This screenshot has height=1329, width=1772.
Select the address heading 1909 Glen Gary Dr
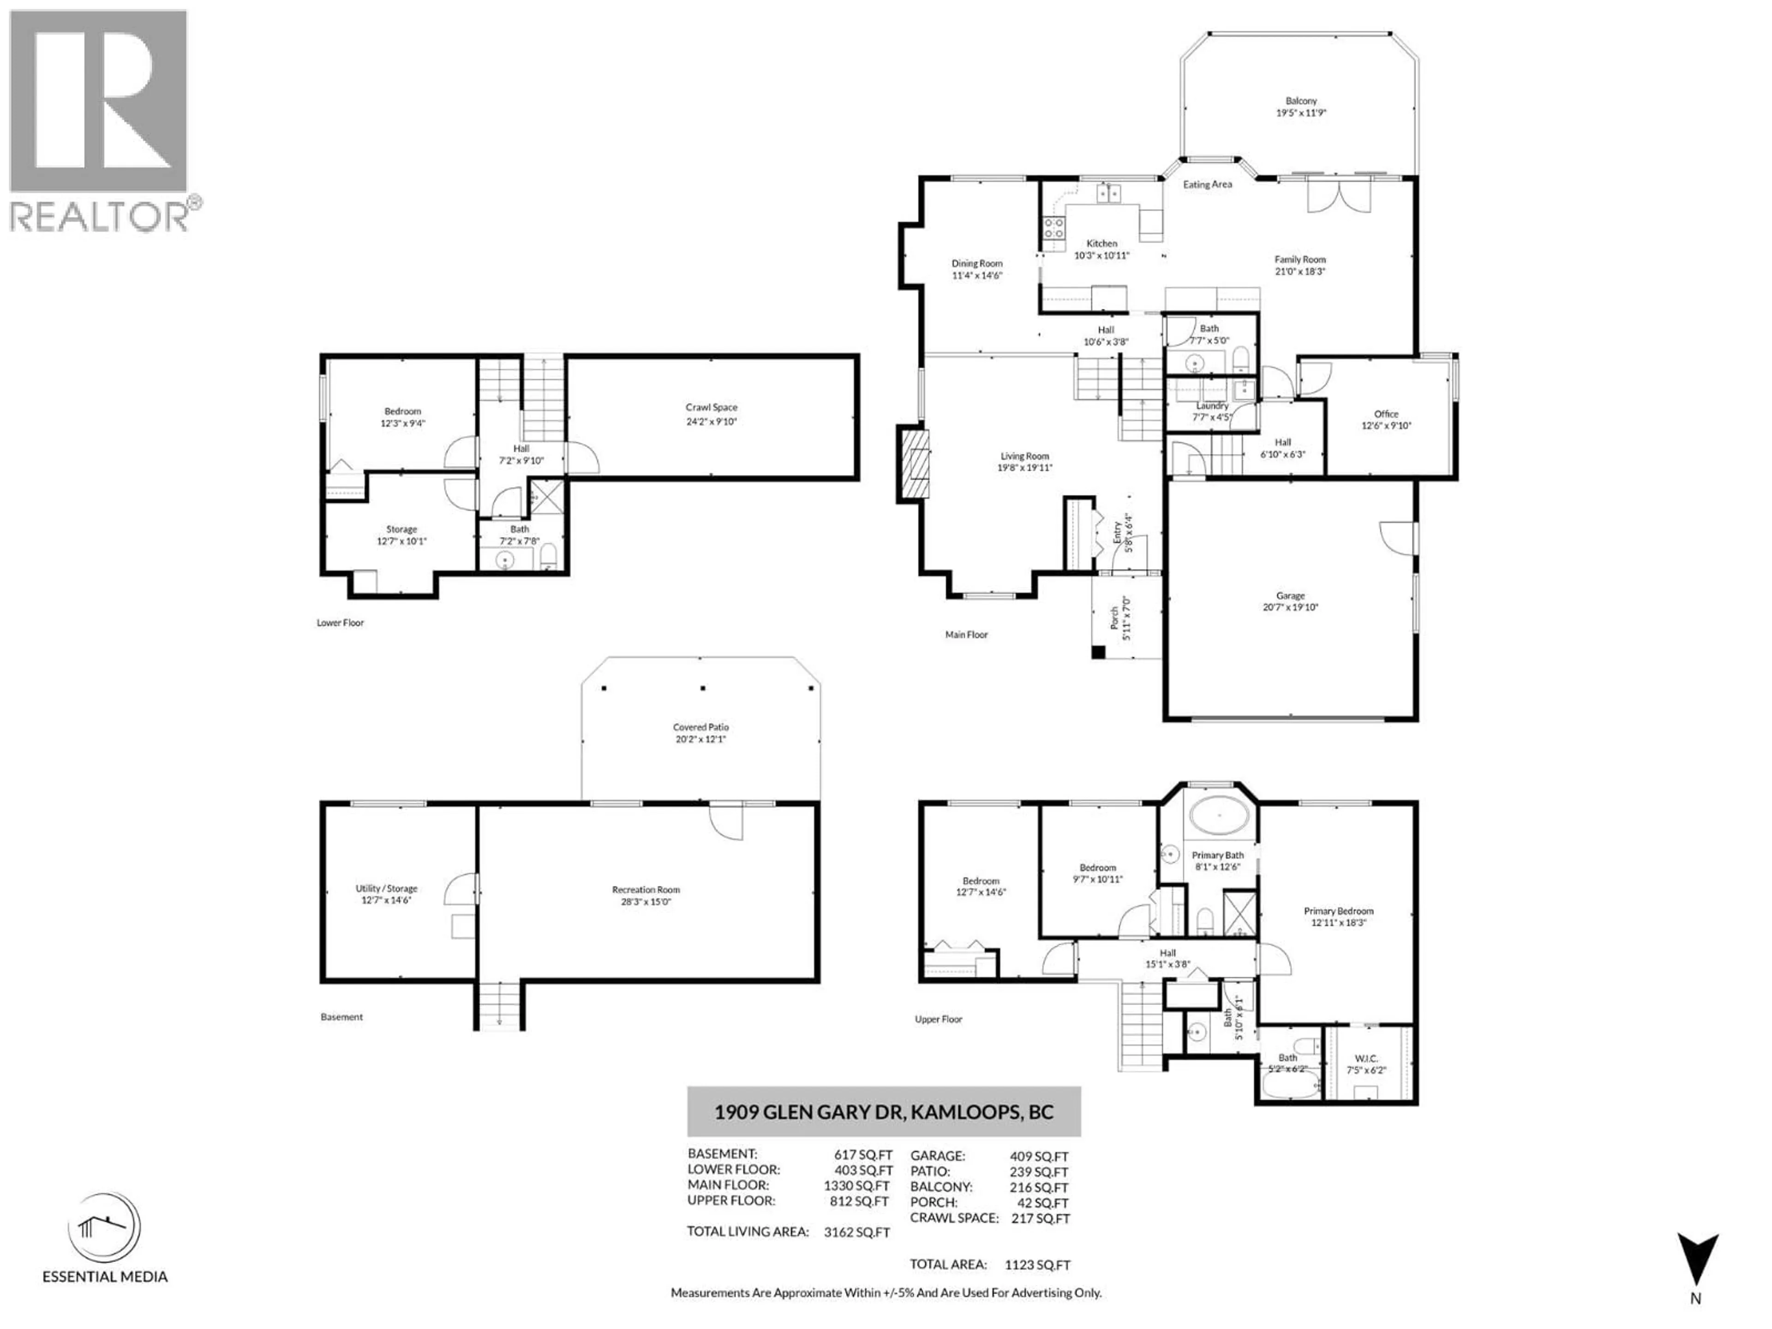pyautogui.click(x=884, y=1112)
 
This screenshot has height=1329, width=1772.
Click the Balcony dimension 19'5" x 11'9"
pyautogui.click(x=1301, y=113)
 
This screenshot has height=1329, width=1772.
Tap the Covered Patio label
pyautogui.click(x=701, y=727)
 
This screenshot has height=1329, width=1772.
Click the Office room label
pyautogui.click(x=1386, y=414)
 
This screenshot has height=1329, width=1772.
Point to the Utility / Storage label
pyautogui.click(x=386, y=888)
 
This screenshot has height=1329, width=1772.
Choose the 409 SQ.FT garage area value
pyautogui.click(x=1039, y=1156)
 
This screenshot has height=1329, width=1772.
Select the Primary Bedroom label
pyautogui.click(x=1338, y=911)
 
